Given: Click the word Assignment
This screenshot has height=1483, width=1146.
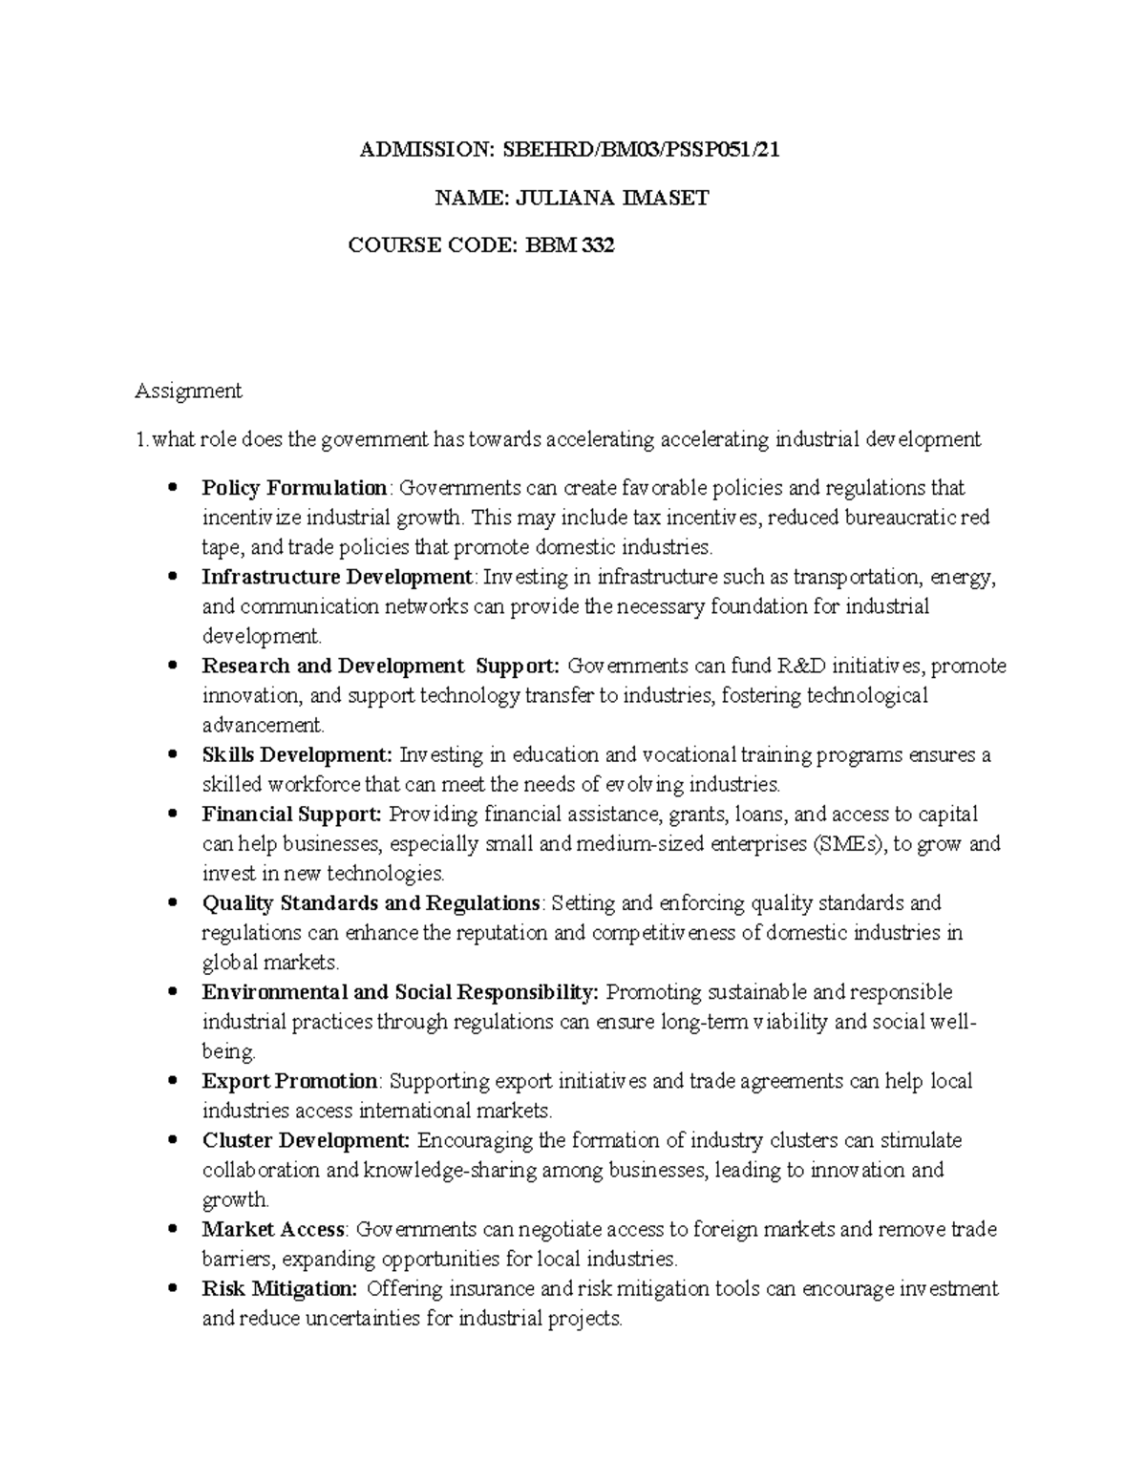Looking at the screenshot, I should (188, 391).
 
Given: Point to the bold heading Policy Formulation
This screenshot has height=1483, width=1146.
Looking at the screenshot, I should (294, 488).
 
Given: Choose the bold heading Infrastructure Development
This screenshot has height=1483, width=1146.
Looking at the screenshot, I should (337, 577).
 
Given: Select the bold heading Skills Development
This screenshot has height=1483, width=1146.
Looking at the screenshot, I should (297, 754).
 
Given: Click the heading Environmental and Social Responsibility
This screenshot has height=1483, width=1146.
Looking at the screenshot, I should (400, 992).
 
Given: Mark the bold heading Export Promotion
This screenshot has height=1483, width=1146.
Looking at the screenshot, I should (290, 1081).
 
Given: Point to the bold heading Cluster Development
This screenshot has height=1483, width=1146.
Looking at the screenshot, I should (306, 1140).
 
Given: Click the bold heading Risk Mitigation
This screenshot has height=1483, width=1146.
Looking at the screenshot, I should (280, 1289).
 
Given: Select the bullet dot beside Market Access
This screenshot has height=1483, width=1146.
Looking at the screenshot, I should (172, 1230).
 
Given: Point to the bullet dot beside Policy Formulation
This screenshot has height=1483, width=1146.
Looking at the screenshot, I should (172, 489).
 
